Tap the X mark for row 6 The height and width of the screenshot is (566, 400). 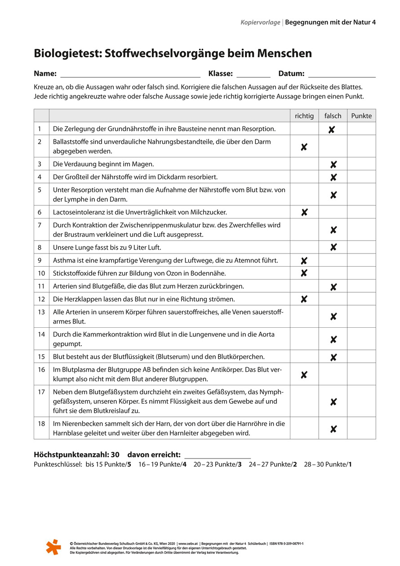(304, 212)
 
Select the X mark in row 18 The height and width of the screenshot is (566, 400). (333, 429)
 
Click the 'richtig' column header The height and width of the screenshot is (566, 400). (304, 116)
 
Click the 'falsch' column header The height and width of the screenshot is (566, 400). (333, 116)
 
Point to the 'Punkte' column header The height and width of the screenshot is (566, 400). (361, 116)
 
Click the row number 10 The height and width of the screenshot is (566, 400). (41, 273)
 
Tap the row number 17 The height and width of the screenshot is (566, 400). (41, 392)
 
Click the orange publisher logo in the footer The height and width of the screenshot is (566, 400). (53, 547)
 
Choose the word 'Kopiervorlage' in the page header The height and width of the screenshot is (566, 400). (260, 22)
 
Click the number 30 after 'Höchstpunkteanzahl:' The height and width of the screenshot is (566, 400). (115, 455)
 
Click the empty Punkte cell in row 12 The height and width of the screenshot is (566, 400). (361, 299)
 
